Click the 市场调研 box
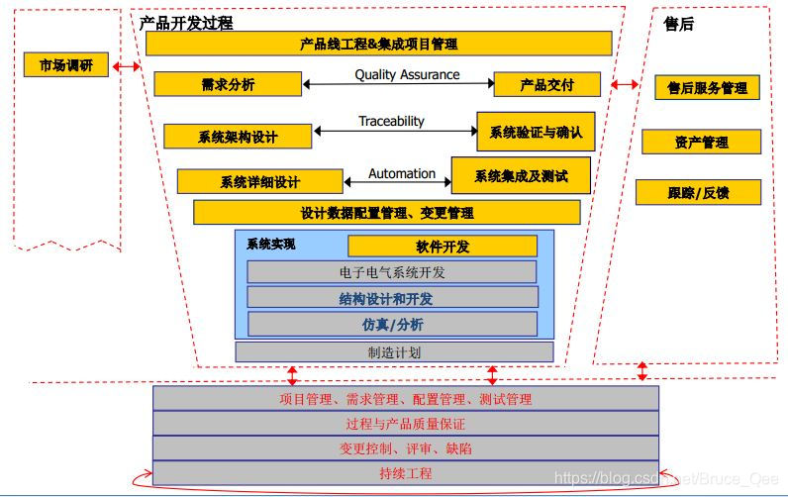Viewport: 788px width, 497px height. tap(66, 65)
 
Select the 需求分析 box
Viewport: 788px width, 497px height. tap(227, 84)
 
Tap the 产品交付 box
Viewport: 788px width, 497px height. tap(546, 85)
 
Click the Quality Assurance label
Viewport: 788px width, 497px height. tap(407, 74)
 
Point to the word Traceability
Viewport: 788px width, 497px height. tap(391, 121)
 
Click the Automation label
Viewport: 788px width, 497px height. tap(402, 173)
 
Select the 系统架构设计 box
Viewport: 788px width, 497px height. tap(237, 137)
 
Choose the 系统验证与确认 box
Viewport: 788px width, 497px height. tap(536, 131)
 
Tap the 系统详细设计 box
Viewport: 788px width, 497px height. tap(259, 182)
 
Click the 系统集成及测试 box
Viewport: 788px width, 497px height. tap(521, 176)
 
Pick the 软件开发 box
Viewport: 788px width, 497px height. tap(442, 246)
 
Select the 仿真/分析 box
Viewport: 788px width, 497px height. tap(392, 324)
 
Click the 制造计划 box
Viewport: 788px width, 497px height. tap(393, 351)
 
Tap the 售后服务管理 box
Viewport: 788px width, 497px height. tap(707, 88)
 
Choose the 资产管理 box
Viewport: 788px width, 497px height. tap(701, 143)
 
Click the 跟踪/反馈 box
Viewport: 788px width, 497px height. tap(698, 193)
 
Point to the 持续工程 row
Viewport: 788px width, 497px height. tap(405, 473)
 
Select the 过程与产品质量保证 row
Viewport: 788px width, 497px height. tap(405, 424)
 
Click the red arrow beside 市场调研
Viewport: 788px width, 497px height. tap(127, 67)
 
